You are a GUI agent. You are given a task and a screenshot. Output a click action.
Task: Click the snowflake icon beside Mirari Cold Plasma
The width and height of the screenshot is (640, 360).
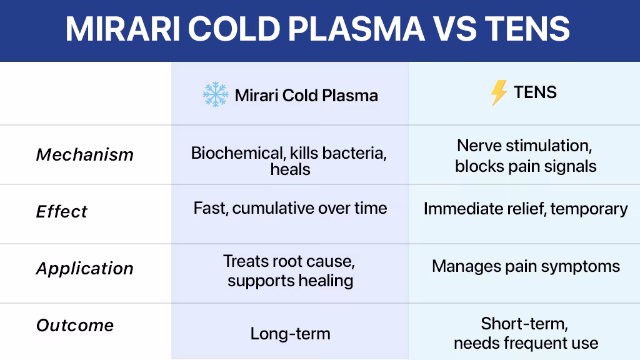(x=216, y=94)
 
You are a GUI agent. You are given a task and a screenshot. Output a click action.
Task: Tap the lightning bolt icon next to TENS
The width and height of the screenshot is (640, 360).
(x=499, y=92)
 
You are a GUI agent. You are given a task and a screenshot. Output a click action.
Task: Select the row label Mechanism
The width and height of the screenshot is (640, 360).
(x=85, y=155)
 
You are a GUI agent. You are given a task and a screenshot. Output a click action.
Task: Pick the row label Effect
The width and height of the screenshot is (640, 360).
(x=62, y=211)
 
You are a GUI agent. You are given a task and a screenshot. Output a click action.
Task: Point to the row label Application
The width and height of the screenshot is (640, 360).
(x=85, y=269)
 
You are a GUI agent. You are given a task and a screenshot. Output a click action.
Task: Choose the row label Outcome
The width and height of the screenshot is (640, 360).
(x=75, y=325)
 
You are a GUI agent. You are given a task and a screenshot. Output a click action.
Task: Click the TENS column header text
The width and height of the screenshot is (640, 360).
(x=535, y=92)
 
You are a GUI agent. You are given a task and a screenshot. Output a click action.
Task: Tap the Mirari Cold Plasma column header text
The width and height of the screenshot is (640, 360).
(x=306, y=96)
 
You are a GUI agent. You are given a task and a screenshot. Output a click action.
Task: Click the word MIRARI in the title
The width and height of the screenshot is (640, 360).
(x=123, y=29)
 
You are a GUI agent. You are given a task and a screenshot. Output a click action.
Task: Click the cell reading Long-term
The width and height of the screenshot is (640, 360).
(x=290, y=334)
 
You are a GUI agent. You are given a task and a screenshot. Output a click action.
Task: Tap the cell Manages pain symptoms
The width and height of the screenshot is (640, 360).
(x=526, y=266)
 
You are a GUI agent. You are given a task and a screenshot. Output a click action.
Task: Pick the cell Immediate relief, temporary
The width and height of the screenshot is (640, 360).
(x=526, y=209)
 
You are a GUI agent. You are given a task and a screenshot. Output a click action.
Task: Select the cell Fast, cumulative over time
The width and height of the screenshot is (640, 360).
(x=290, y=208)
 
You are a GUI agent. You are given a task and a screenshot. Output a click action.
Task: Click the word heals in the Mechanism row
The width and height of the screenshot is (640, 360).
(x=290, y=169)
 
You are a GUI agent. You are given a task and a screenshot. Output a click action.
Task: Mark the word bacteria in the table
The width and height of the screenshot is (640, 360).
(x=354, y=153)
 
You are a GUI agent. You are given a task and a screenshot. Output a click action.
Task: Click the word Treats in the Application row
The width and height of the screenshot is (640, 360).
(x=245, y=261)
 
